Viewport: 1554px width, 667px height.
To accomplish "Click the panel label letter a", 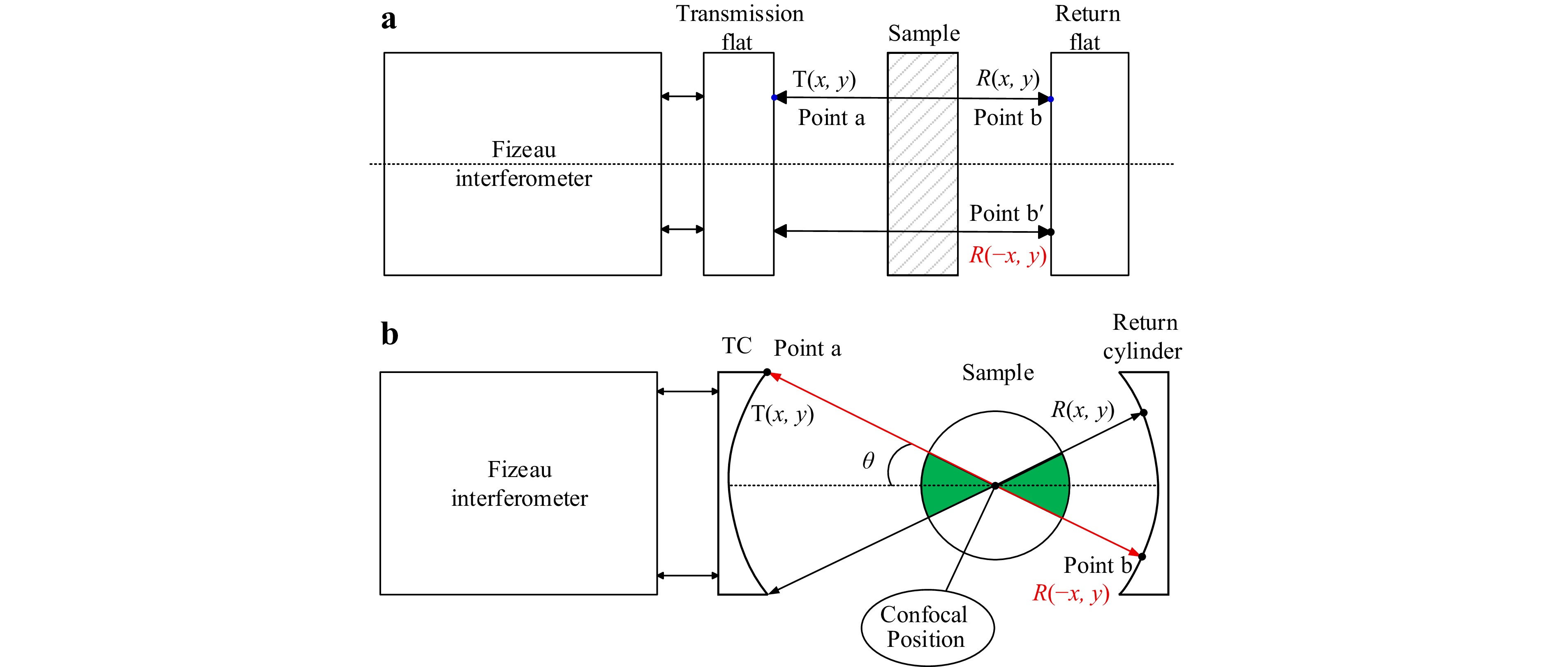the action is [x=389, y=19].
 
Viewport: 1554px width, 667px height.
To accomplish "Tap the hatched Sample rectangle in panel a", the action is [x=923, y=164].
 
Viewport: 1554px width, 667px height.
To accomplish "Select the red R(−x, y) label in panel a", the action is [x=1008, y=255].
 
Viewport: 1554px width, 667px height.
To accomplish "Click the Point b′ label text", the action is [x=1006, y=213].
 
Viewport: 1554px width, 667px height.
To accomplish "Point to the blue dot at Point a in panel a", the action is [x=775, y=97].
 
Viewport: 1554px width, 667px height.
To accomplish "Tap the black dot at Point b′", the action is [x=1051, y=232].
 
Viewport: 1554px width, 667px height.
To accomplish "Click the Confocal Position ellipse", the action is [x=927, y=628].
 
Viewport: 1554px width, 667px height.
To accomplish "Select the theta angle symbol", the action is [x=868, y=461].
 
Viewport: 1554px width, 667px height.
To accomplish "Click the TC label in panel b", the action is [x=737, y=346].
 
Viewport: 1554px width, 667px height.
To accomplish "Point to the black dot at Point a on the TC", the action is [x=768, y=372].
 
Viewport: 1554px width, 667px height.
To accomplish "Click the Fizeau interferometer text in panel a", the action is [x=524, y=164].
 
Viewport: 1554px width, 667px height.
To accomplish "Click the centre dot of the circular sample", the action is [x=995, y=485].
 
